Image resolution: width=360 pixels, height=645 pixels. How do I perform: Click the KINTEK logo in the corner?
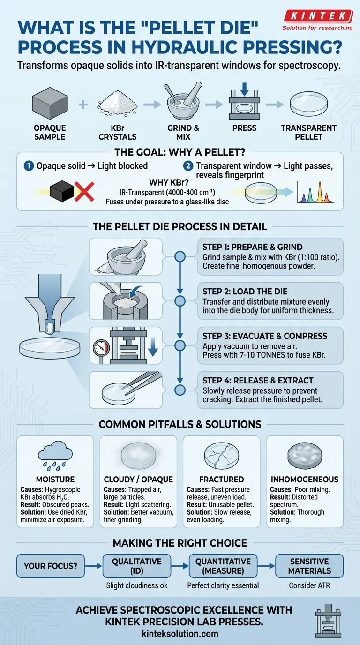click(318, 19)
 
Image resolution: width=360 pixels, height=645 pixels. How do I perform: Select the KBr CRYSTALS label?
click(118, 132)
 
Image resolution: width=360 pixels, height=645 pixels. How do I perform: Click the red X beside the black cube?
click(84, 191)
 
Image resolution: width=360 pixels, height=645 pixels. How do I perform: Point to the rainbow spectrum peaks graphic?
click(315, 192)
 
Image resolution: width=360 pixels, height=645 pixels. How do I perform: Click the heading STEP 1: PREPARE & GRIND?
click(253, 247)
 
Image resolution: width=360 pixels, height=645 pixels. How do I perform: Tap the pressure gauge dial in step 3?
click(101, 348)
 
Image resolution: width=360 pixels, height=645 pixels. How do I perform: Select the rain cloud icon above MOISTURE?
click(55, 454)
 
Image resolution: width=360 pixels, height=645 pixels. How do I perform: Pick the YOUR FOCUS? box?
click(51, 566)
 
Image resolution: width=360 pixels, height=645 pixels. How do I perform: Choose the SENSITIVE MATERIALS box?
click(309, 566)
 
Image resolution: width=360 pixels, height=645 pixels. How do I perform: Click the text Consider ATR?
click(309, 585)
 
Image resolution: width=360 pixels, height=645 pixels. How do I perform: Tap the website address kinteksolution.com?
click(180, 633)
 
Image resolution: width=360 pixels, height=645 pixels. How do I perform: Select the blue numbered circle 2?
click(188, 166)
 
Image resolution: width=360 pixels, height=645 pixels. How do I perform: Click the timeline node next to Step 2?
click(180, 301)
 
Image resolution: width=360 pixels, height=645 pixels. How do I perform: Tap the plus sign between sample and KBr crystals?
click(83, 105)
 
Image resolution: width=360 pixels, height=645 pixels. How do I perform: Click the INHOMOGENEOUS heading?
click(304, 479)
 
